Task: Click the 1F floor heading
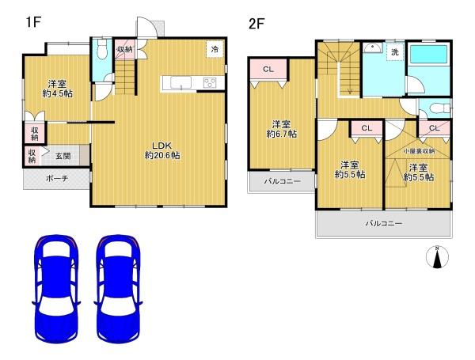[33, 22]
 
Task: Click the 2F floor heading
[256, 24]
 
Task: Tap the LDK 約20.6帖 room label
[162, 150]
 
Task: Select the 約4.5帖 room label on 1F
[57, 89]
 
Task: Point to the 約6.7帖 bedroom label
[282, 129]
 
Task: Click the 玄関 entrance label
[63, 156]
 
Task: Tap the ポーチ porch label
[57, 179]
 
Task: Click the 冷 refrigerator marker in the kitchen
[215, 49]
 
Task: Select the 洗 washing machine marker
[395, 52]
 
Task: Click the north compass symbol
[437, 257]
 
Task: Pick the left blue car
[56, 289]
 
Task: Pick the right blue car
[119, 289]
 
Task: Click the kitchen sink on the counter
[180, 82]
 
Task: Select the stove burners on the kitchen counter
[210, 82]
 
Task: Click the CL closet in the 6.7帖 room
[268, 70]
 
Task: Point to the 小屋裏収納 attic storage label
[418, 151]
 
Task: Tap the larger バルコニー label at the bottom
[384, 224]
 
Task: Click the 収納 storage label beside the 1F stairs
[125, 49]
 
